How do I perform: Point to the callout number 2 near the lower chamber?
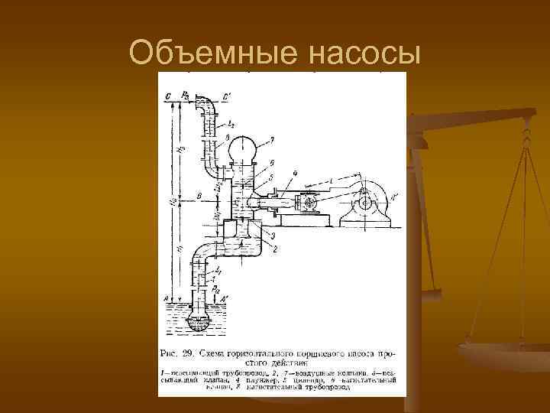click(x=274, y=249)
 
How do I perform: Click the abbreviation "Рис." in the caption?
click(x=173, y=353)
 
